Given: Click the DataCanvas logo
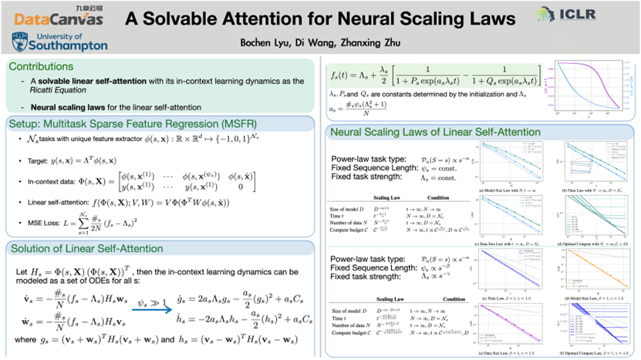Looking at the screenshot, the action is tap(59, 17).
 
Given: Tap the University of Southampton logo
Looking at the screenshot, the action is tap(59, 41).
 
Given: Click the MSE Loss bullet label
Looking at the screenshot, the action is tap(46, 224).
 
